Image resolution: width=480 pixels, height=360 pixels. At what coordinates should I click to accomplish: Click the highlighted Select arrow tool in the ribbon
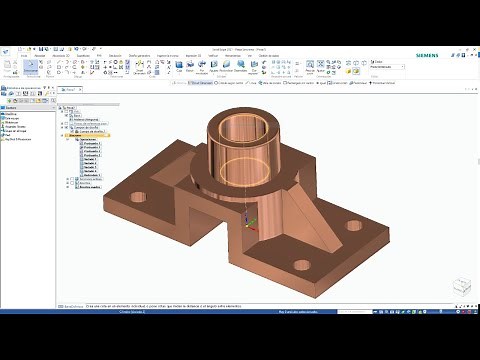tap(31, 69)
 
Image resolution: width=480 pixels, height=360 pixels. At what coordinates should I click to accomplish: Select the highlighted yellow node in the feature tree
tap(92, 133)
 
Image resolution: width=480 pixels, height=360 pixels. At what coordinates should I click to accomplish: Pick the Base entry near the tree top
tap(78, 112)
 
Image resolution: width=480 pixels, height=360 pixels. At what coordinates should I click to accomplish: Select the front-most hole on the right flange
tap(300, 265)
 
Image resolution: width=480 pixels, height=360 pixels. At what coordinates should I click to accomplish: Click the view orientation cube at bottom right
tap(459, 286)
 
